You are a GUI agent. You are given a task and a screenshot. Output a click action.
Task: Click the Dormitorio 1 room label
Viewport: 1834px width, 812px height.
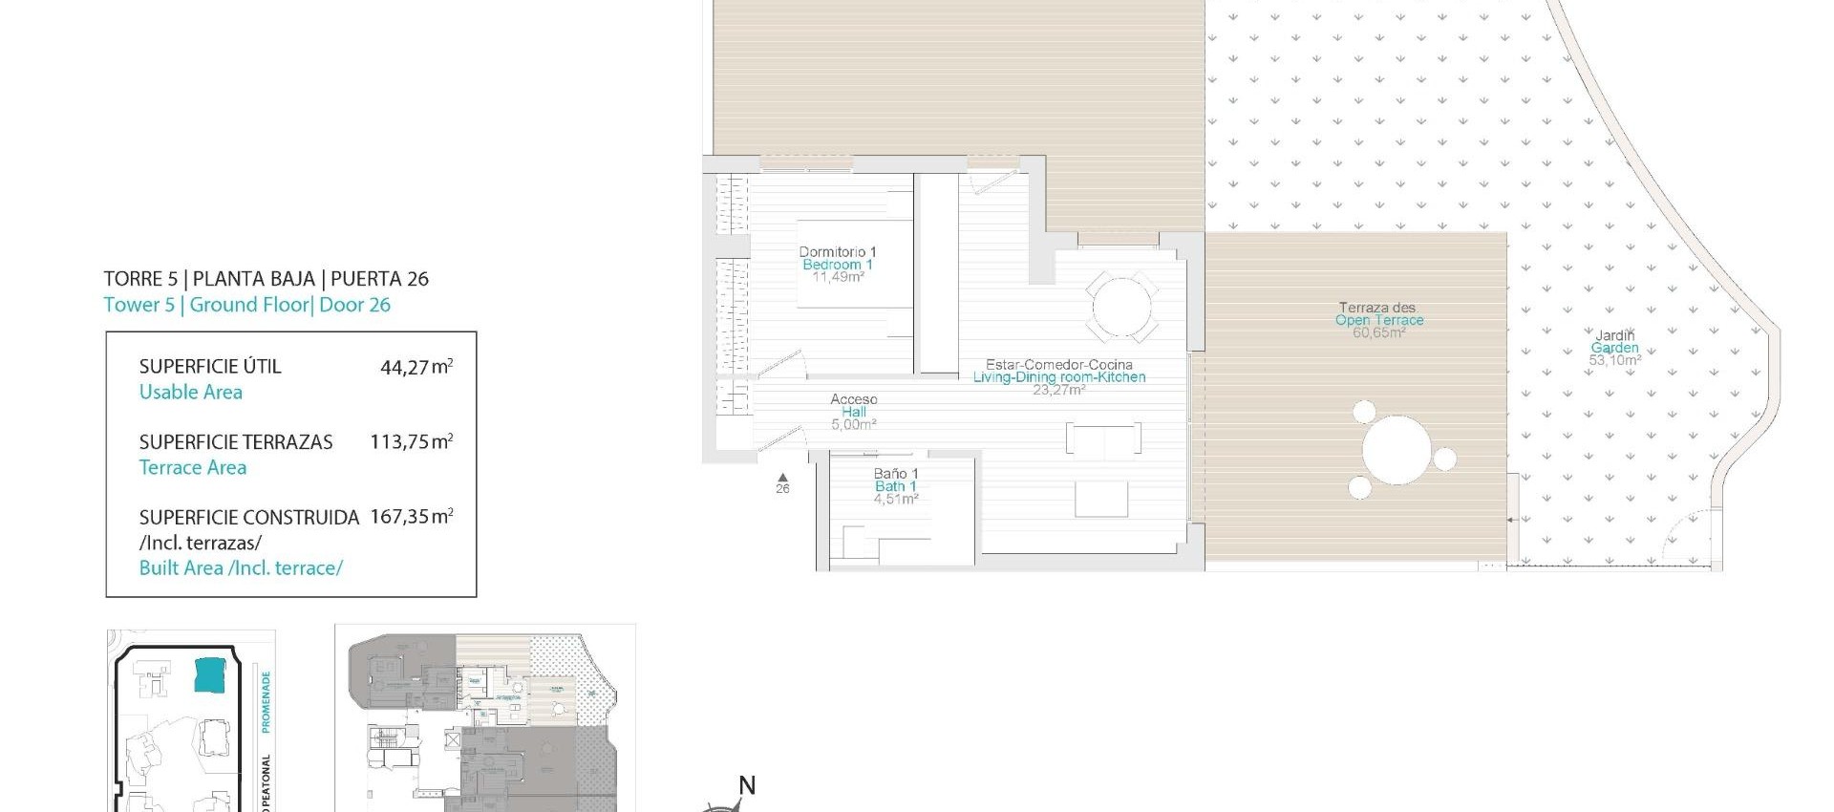[837, 252]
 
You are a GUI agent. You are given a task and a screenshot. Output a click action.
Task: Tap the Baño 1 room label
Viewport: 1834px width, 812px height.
[895, 474]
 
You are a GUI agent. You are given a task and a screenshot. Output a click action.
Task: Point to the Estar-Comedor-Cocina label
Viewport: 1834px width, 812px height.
[1058, 365]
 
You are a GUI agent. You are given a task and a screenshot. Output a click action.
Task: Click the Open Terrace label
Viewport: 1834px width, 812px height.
[1378, 320]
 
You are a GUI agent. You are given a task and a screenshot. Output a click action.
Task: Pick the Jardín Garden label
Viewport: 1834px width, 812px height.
[1614, 342]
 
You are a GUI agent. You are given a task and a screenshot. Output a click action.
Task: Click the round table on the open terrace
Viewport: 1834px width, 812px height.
[1397, 450]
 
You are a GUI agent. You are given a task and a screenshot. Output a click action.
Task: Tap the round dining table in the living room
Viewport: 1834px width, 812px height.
[1121, 307]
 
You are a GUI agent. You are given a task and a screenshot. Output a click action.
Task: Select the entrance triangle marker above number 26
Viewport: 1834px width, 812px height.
[782, 477]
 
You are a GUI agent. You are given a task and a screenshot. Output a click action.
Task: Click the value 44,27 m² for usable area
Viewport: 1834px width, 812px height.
[416, 367]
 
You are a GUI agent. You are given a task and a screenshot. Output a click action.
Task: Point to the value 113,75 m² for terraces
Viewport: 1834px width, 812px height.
[411, 442]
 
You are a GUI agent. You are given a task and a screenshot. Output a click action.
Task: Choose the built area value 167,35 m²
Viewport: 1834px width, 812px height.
[411, 517]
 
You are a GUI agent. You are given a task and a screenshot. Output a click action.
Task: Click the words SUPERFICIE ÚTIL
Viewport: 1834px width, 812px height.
[210, 367]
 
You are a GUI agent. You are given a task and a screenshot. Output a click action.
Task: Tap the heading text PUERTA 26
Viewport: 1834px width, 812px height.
[379, 279]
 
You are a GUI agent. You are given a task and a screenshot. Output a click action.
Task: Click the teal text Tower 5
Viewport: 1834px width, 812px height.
[139, 305]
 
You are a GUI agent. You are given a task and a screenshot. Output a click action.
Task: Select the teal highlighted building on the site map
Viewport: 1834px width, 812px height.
[213, 674]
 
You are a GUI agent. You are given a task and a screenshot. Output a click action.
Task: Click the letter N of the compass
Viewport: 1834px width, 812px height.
[747, 785]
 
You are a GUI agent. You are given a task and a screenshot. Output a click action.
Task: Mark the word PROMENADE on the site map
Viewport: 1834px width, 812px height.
[266, 701]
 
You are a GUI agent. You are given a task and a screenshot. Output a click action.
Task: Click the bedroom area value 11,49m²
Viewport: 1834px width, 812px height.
[838, 277]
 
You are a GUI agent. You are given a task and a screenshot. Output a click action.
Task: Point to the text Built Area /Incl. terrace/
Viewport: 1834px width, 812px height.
[241, 568]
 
